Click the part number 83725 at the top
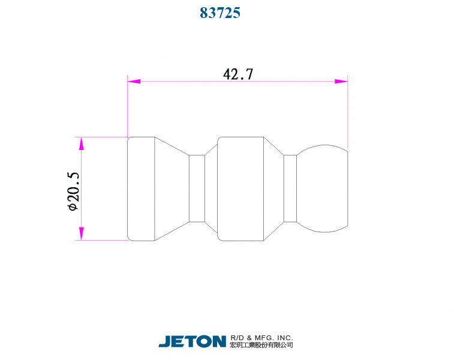220,13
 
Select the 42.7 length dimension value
238,74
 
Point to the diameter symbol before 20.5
73,206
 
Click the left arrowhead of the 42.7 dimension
133,81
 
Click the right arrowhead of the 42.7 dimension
341,81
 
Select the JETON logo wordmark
192,341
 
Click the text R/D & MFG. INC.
261,338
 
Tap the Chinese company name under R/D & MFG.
261,346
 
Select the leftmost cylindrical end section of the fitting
142,188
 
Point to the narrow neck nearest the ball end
290,188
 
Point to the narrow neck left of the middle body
197,188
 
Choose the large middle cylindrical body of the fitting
240,188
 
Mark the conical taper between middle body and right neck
273,188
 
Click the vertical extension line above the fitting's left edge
127,108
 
